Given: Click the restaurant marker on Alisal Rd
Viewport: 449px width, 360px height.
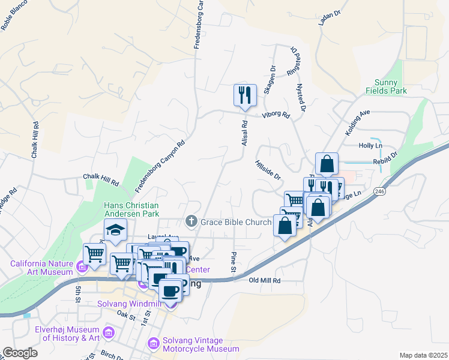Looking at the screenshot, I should pos(245,95).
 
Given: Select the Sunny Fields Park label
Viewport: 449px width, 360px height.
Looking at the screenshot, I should pos(387,86).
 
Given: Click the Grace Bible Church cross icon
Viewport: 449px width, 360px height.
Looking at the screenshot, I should pos(191,222).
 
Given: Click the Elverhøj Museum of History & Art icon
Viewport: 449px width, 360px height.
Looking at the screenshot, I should pos(109,332).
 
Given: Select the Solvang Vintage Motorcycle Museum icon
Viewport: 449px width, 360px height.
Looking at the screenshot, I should pos(154,344).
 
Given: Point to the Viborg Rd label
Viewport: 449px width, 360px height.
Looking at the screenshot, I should pos(276,115).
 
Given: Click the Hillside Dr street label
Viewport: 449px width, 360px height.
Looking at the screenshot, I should pos(268,169).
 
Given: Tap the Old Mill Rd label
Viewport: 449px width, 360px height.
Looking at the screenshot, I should pos(265,280).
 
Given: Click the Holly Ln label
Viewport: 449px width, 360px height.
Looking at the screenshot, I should pos(370,146).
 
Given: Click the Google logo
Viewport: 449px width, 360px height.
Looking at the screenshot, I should pos(20,353).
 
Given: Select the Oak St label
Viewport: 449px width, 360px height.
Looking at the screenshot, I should pos(126,314).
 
